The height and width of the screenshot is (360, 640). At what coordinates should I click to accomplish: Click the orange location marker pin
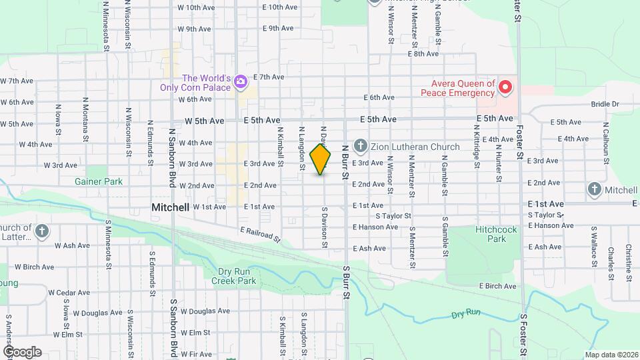pos(321,158)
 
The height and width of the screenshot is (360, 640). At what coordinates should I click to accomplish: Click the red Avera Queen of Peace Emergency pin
pos(506,87)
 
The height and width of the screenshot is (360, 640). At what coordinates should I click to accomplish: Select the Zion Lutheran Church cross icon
pos(361,146)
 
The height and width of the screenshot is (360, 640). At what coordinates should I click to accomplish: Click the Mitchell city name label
pos(171,207)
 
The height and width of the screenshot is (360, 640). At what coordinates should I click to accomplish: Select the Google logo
pos(22,352)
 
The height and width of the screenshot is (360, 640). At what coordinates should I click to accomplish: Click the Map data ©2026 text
pos(611,355)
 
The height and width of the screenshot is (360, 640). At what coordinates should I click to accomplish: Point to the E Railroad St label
pos(261,234)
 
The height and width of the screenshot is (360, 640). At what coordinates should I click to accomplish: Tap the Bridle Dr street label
pos(605,104)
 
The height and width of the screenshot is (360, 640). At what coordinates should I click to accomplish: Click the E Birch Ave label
pos(498,286)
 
